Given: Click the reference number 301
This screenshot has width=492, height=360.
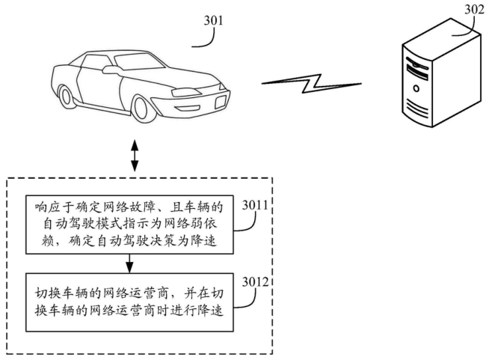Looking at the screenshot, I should [215, 20].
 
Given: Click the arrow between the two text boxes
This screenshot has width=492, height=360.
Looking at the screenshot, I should [131, 263].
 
